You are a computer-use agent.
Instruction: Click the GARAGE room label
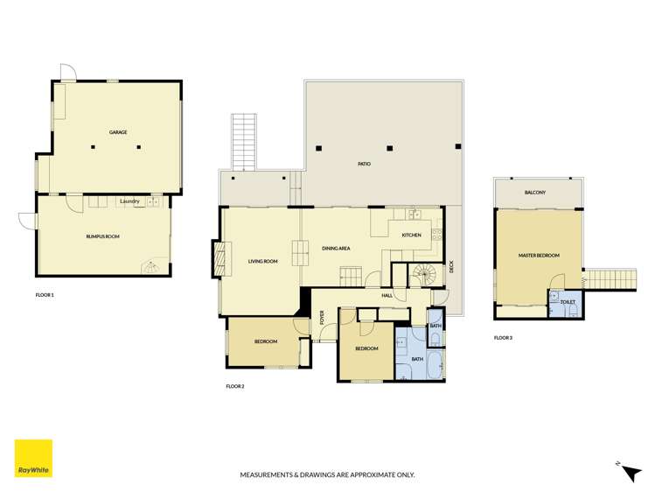(118, 132)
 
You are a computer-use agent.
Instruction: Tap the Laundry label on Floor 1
(129, 202)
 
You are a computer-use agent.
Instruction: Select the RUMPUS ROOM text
(102, 236)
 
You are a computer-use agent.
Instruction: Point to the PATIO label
(364, 164)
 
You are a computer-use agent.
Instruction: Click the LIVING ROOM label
(262, 260)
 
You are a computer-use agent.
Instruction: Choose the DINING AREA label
(336, 249)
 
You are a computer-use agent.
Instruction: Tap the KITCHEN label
(411, 235)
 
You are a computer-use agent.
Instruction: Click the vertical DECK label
(451, 268)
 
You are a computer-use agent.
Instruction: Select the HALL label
(387, 295)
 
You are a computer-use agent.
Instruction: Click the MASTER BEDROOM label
(539, 256)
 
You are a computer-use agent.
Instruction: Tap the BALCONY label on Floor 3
(535, 193)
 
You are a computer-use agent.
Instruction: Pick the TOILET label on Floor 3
(567, 302)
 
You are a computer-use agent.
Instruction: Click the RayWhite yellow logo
(33, 458)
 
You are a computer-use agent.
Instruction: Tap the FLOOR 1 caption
(45, 295)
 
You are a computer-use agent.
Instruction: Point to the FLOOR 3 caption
(503, 337)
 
